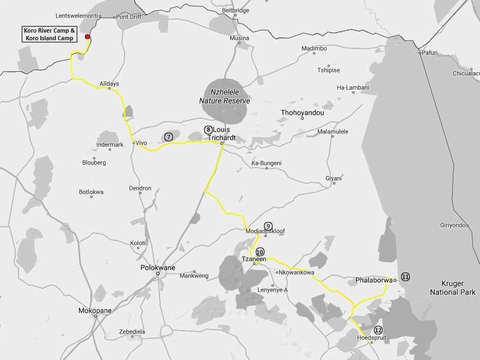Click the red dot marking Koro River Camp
coord(87,37)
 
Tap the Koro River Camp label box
coord(49,34)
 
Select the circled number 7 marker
coord(169,137)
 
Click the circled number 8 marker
coord(208,129)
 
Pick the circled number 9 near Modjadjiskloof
coord(268,226)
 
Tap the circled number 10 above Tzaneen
coord(260,252)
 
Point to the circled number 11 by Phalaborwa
coord(405,277)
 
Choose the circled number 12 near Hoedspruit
coord(378,330)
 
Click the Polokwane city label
coord(158,268)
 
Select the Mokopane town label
coord(96,311)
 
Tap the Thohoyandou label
coord(302,113)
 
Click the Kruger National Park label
coord(453,288)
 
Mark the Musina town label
coord(239,38)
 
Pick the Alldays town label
coord(109,83)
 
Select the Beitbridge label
coord(236,10)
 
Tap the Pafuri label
coord(429,52)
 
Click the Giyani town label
coord(334,178)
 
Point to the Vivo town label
coord(141,143)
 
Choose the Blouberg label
coord(94,163)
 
